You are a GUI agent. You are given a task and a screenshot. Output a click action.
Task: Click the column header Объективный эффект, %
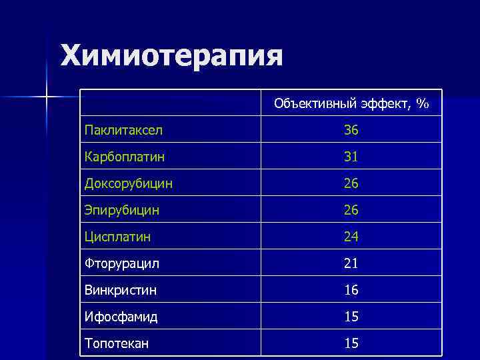[x=351, y=104]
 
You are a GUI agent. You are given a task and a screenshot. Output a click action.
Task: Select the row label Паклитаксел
[x=123, y=131]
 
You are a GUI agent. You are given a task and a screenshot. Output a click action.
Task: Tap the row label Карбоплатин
[x=125, y=157]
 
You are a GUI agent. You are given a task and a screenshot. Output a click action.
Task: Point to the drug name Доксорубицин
[x=128, y=184]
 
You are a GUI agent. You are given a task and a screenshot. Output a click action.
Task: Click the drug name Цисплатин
[x=117, y=237]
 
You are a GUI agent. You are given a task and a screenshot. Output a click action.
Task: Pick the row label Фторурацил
[x=121, y=264]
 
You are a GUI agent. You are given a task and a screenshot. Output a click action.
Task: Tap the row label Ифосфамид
[x=121, y=317]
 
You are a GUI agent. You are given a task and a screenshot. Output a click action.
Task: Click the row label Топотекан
[x=117, y=344]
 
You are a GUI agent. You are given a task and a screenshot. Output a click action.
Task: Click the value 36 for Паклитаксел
[x=351, y=131]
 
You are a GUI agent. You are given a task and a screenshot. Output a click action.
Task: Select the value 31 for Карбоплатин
[x=351, y=157]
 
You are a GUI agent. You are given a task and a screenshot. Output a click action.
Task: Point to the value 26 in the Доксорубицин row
[x=351, y=184]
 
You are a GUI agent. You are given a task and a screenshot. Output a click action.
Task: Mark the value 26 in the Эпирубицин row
[x=351, y=211]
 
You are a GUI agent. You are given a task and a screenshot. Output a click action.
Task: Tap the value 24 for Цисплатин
[x=351, y=237]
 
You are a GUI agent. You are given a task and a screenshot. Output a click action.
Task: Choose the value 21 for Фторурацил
[x=351, y=264]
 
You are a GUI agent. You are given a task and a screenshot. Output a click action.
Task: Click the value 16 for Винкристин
[x=351, y=291]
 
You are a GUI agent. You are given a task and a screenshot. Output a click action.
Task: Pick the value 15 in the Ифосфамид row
[x=351, y=317]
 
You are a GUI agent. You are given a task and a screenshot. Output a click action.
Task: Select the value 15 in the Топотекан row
[x=351, y=344]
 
